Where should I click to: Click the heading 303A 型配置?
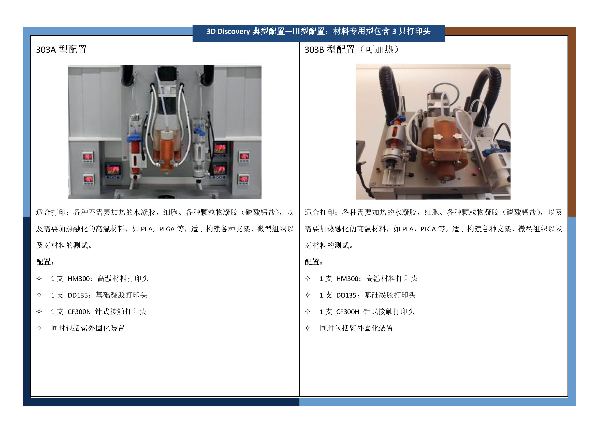pyautogui.click(x=61, y=49)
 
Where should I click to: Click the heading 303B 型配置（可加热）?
pyautogui.click(x=352, y=49)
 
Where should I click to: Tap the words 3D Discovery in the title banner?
pyautogui.click(x=228, y=31)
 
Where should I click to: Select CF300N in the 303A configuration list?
pyautogui.click(x=79, y=312)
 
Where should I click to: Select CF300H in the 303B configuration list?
pyautogui.click(x=347, y=312)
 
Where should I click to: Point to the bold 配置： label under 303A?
pyautogui.click(x=45, y=262)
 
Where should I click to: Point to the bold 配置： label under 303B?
pyautogui.click(x=314, y=262)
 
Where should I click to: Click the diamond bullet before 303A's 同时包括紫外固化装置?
pyautogui.click(x=39, y=328)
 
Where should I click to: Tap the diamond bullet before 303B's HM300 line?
pyautogui.click(x=308, y=278)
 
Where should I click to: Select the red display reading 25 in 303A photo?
pyautogui.click(x=219, y=169)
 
